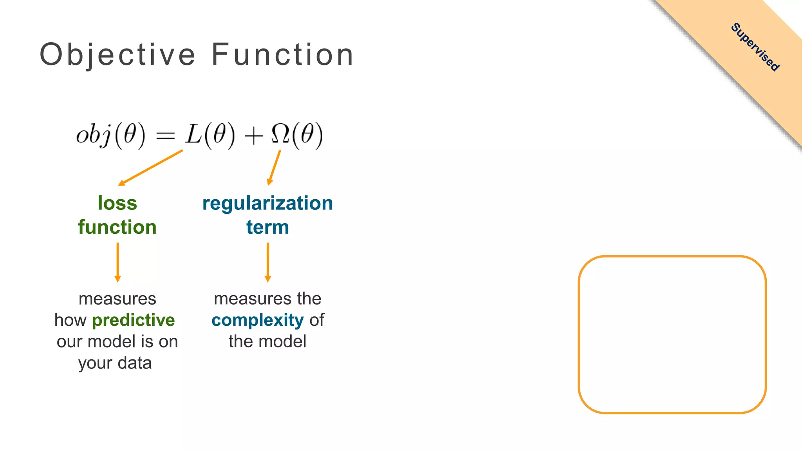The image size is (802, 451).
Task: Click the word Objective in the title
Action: click(x=117, y=55)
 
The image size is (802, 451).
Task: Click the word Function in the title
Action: click(x=283, y=55)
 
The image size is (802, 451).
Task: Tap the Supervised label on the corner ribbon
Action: click(x=755, y=47)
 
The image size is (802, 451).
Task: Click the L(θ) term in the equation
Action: click(x=210, y=135)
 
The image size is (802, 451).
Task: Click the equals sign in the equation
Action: click(x=165, y=136)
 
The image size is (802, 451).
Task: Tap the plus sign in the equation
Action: click(x=253, y=136)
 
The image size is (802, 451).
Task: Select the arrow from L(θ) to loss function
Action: click(x=150, y=168)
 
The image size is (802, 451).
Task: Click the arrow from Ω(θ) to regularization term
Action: click(x=274, y=168)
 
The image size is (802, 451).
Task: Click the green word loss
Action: click(x=117, y=203)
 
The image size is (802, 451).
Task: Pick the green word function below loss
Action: click(x=117, y=227)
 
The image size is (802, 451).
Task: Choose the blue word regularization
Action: click(x=267, y=204)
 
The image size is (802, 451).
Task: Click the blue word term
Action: click(x=267, y=227)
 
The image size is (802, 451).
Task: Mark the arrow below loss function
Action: click(x=117, y=262)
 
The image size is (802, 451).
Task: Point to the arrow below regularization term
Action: click(x=268, y=262)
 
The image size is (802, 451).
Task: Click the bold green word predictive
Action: click(x=133, y=320)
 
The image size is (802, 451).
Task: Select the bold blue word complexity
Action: click(x=257, y=321)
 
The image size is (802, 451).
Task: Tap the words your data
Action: click(x=115, y=363)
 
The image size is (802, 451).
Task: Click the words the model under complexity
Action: click(x=267, y=341)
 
